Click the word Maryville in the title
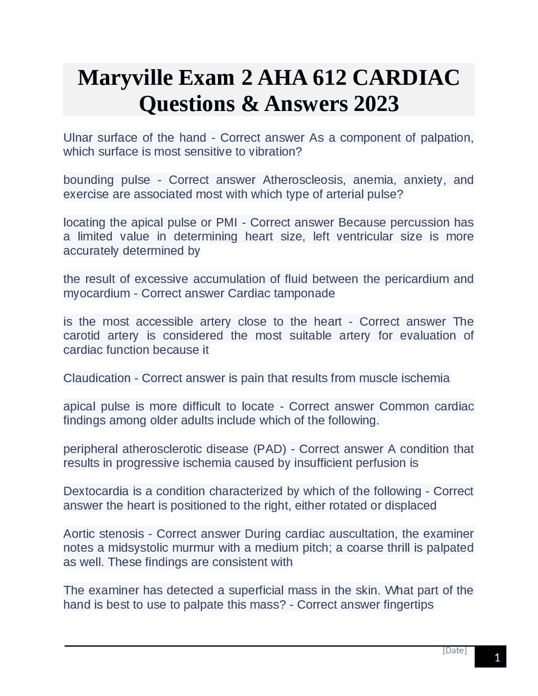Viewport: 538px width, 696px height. [125, 78]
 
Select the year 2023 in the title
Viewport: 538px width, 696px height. [376, 104]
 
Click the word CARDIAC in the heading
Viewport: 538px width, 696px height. [406, 78]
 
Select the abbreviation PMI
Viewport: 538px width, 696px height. [227, 222]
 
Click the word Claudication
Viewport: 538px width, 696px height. [97, 378]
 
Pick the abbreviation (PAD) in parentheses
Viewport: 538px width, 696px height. [269, 449]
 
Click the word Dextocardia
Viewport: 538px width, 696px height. [96, 491]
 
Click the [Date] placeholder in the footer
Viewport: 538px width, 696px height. [454, 651]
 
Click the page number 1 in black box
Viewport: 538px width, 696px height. [497, 658]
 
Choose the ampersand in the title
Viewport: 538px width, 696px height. [250, 104]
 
